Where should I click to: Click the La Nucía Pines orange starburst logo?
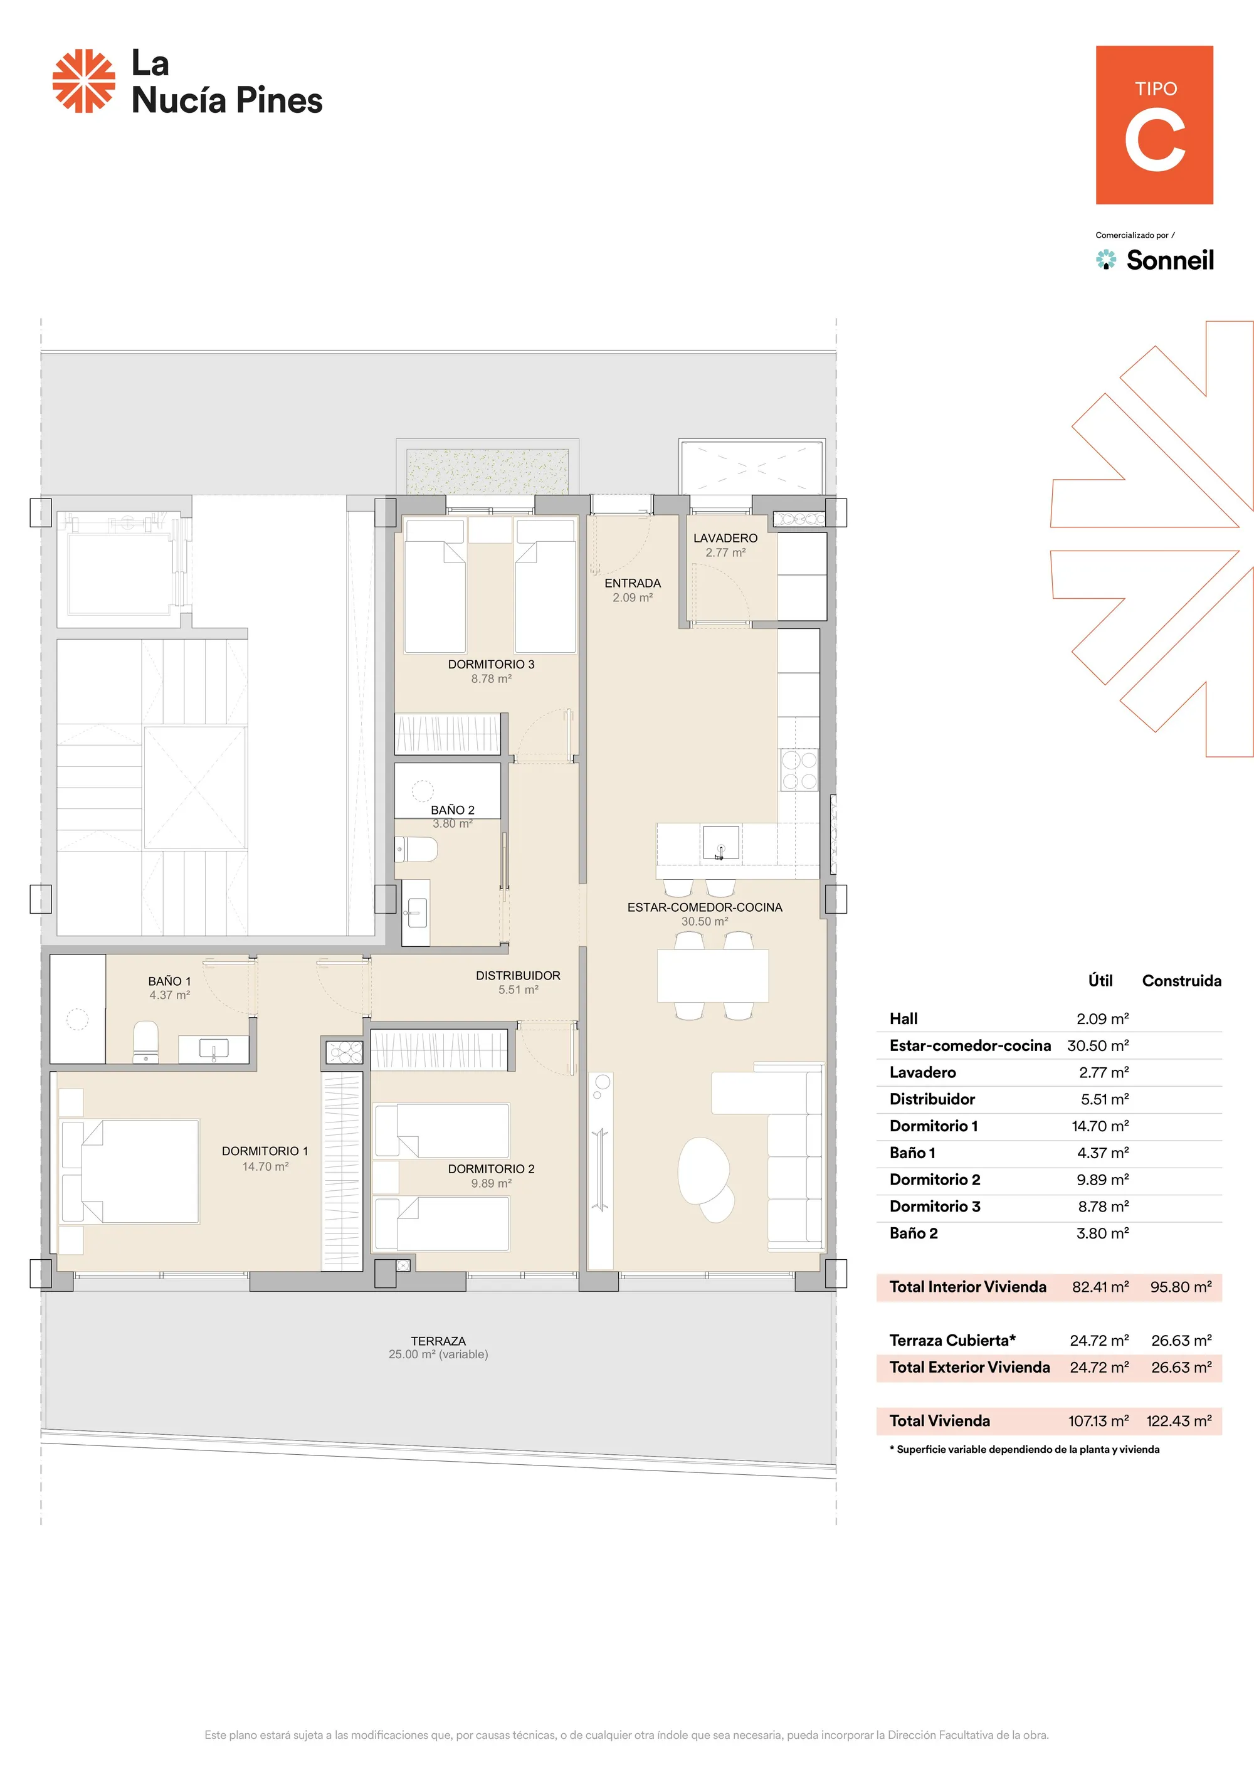click(83, 81)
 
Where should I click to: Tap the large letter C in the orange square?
click(1154, 140)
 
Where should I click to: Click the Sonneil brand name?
click(1170, 260)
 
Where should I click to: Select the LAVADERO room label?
click(725, 538)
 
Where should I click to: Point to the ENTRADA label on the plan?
click(632, 583)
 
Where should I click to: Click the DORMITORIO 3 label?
click(491, 665)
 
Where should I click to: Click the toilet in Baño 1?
click(146, 1042)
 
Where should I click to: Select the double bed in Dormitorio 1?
click(130, 1171)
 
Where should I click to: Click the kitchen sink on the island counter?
click(720, 842)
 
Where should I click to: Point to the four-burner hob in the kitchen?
click(799, 769)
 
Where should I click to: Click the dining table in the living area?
click(712, 976)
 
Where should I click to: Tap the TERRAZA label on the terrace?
click(438, 1341)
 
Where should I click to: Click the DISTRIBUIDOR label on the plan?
click(518, 976)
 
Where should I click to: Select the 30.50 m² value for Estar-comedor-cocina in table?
click(1098, 1045)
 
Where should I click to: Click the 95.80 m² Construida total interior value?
click(1181, 1287)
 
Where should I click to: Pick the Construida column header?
click(1181, 981)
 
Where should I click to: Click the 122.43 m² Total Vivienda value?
click(1179, 1420)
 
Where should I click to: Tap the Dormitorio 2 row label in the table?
click(934, 1179)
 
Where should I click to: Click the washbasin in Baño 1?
click(213, 1049)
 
